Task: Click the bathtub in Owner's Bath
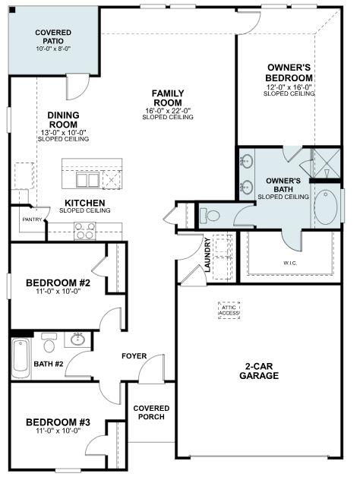coord(326,206)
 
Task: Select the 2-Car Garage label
coord(259,371)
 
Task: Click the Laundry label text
coord(207,254)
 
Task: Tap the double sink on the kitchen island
coord(87,179)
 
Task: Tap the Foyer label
coord(134,356)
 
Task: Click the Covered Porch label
coord(151,413)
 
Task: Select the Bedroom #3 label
coord(58,422)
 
